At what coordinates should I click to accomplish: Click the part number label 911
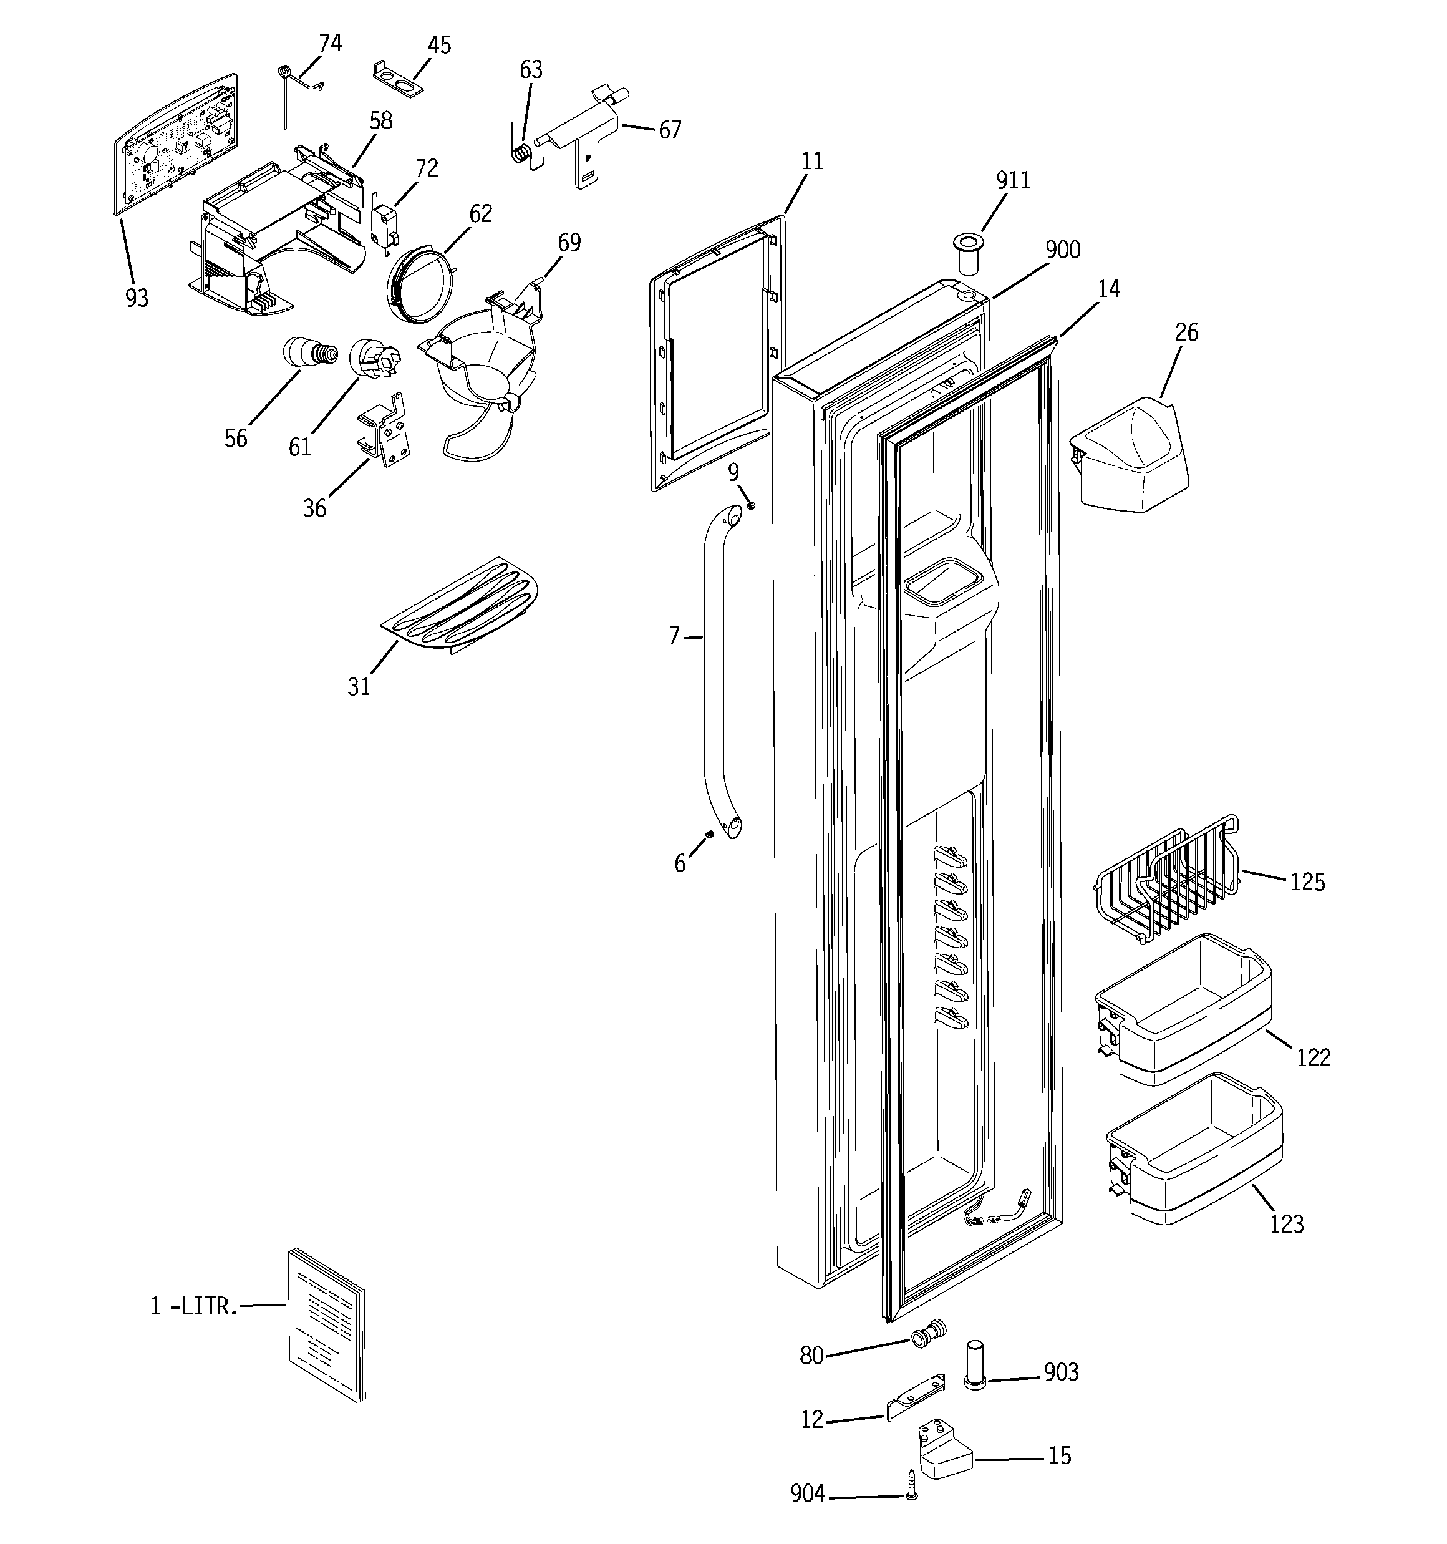pyautogui.click(x=1013, y=180)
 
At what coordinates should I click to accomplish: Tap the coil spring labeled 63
pyautogui.click(x=522, y=152)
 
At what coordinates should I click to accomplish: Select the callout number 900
pyautogui.click(x=1062, y=250)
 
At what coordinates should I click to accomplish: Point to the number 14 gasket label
pyautogui.click(x=1108, y=289)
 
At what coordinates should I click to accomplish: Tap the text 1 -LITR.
pyautogui.click(x=193, y=1306)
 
